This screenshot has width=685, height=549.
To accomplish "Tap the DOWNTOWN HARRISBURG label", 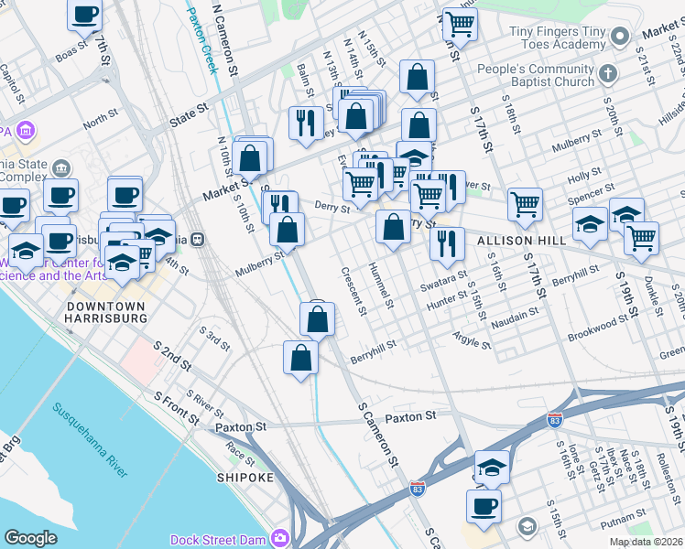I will tap(106, 312).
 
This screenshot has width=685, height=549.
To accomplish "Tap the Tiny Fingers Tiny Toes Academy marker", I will tap(620, 37).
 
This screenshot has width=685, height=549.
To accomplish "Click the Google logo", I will tap(31, 538).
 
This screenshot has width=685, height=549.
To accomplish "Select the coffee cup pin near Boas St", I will tap(85, 16).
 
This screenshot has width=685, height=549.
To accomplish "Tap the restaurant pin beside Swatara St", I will tap(446, 243).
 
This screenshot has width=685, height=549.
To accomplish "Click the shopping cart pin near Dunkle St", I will tap(641, 238).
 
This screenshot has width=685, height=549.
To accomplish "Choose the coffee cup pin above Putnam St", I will tap(483, 505).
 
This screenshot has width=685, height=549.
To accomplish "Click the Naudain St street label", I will tap(514, 316).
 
